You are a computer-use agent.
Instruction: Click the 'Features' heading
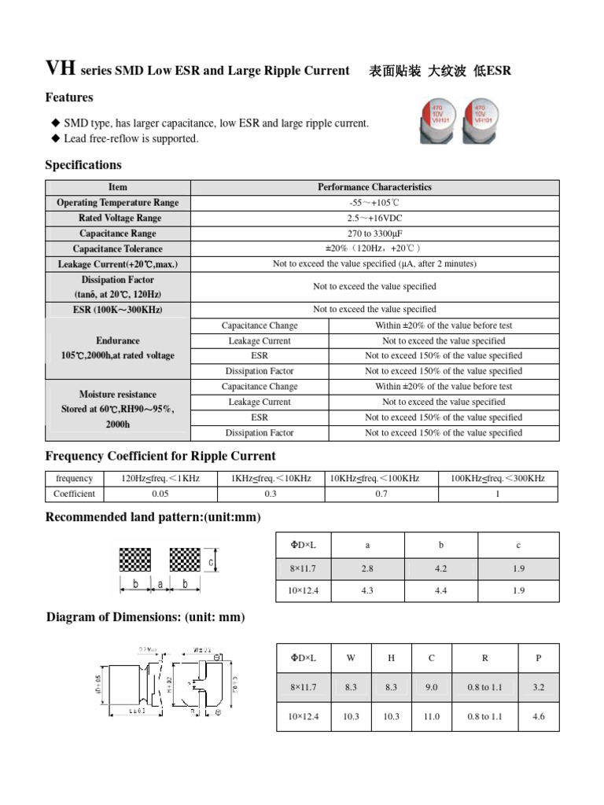[69, 97]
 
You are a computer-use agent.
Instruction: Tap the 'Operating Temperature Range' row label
[118, 203]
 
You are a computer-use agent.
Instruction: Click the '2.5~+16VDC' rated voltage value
[374, 218]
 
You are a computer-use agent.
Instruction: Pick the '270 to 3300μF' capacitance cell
[374, 233]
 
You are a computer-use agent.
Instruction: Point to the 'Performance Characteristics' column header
[374, 187]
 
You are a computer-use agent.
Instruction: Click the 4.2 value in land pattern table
[441, 568]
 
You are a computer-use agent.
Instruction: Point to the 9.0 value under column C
[431, 687]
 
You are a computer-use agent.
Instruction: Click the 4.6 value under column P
[539, 716]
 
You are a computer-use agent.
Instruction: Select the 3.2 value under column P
[539, 687]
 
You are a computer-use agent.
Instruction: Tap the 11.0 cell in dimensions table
[431, 716]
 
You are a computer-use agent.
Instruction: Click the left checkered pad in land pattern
[135, 560]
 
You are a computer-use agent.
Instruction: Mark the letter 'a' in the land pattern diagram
[160, 584]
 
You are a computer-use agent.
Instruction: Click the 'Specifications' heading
[83, 165]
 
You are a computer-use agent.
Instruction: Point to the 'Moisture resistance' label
[118, 394]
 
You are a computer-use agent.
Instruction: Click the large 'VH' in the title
[61, 69]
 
